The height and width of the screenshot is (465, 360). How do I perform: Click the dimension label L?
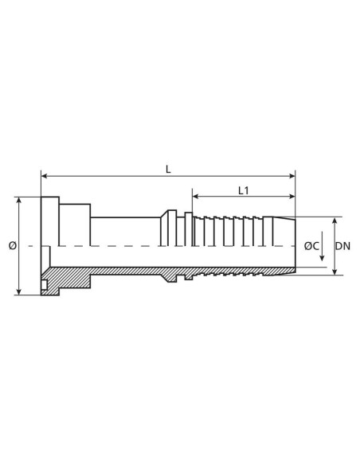pyautogui.click(x=168, y=169)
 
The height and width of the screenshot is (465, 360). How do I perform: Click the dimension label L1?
pyautogui.click(x=245, y=190)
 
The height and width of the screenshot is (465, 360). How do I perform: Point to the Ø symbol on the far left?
pyautogui.click(x=12, y=246)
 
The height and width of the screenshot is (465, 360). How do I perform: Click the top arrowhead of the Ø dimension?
pyautogui.click(x=18, y=200)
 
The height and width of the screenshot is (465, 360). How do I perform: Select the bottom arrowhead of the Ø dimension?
pyautogui.click(x=18, y=292)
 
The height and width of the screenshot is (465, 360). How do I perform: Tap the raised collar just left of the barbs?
pyautogui.click(x=168, y=231)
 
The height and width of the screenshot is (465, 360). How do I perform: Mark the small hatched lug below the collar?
pyautogui.click(x=189, y=277)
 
